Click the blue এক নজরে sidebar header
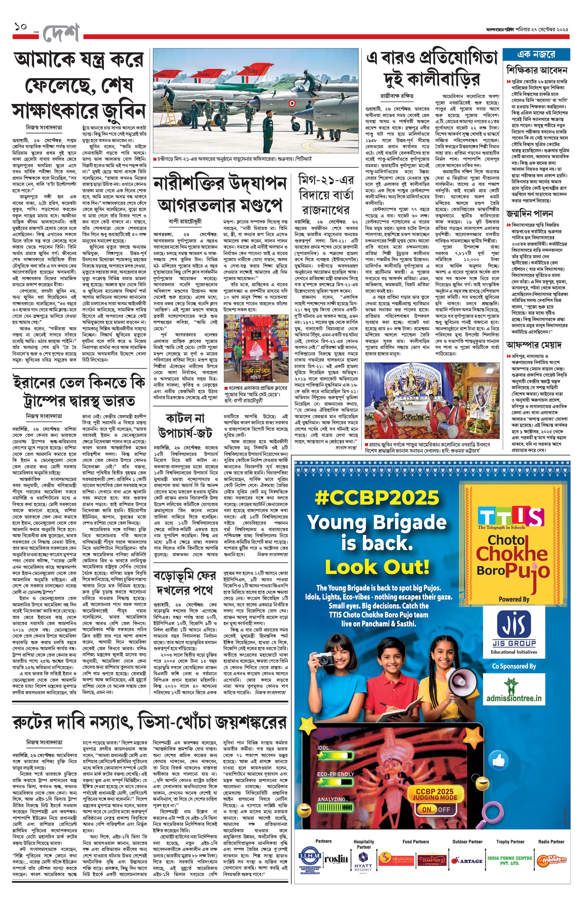tap(535, 54)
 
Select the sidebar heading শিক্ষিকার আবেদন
tap(536, 70)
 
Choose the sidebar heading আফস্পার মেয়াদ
tap(534, 345)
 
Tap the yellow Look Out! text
tap(377, 567)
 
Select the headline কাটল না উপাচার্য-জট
tap(185, 425)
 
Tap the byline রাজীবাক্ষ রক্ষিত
tap(397, 96)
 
